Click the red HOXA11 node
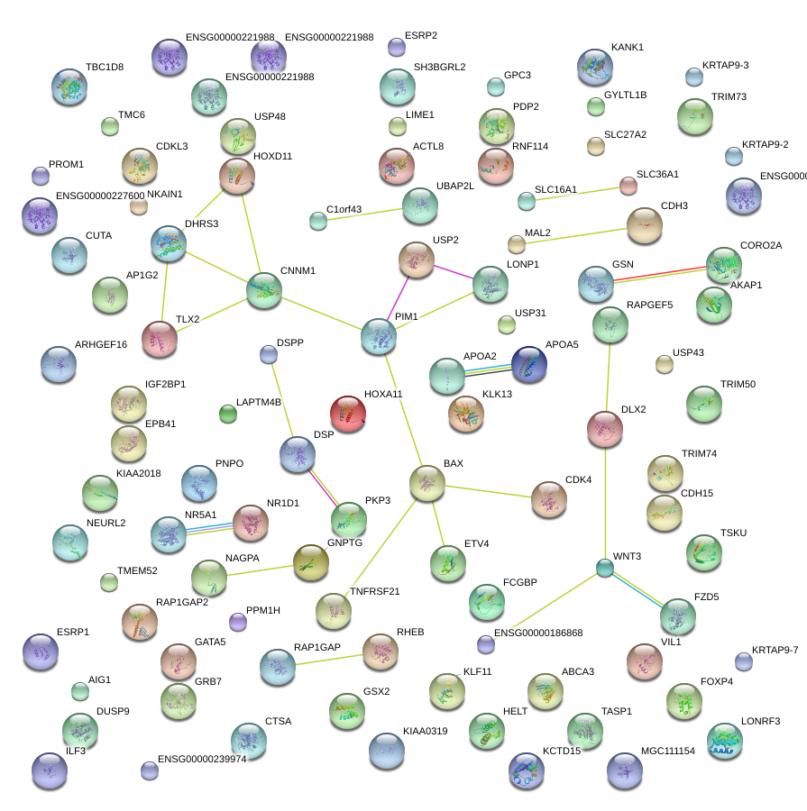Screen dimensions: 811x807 (348, 414)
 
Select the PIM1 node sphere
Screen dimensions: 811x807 (379, 335)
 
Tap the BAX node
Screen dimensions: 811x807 (427, 484)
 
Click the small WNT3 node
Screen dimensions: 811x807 (605, 568)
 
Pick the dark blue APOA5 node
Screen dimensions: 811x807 (529, 364)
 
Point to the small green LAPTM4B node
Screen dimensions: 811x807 (228, 414)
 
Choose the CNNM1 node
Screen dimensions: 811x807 (264, 291)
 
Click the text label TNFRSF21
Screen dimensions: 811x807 (374, 592)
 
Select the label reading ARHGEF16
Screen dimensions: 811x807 (101, 345)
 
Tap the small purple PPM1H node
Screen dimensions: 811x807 (238, 622)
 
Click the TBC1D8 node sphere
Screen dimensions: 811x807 (70, 87)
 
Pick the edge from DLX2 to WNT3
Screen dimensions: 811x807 (605, 500)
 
